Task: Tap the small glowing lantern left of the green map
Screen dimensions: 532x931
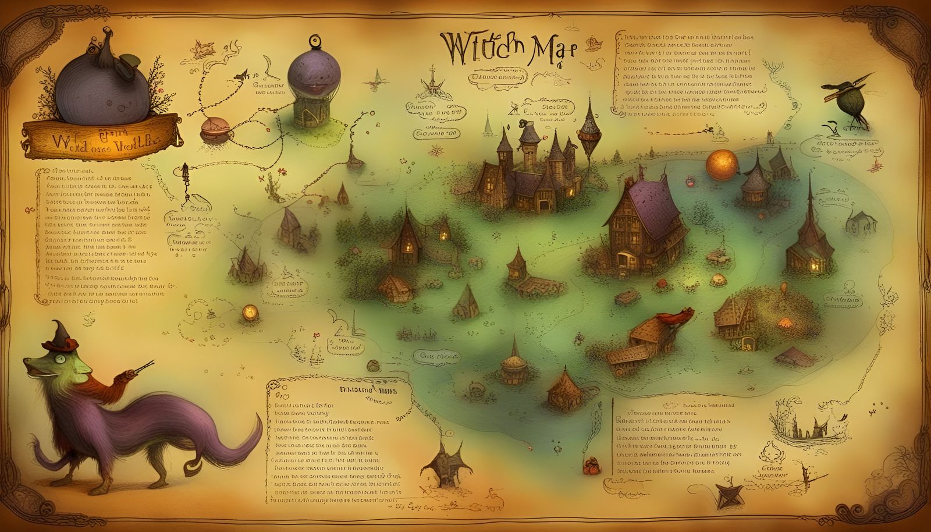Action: click(251, 311)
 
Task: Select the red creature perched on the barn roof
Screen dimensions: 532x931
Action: click(675, 317)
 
